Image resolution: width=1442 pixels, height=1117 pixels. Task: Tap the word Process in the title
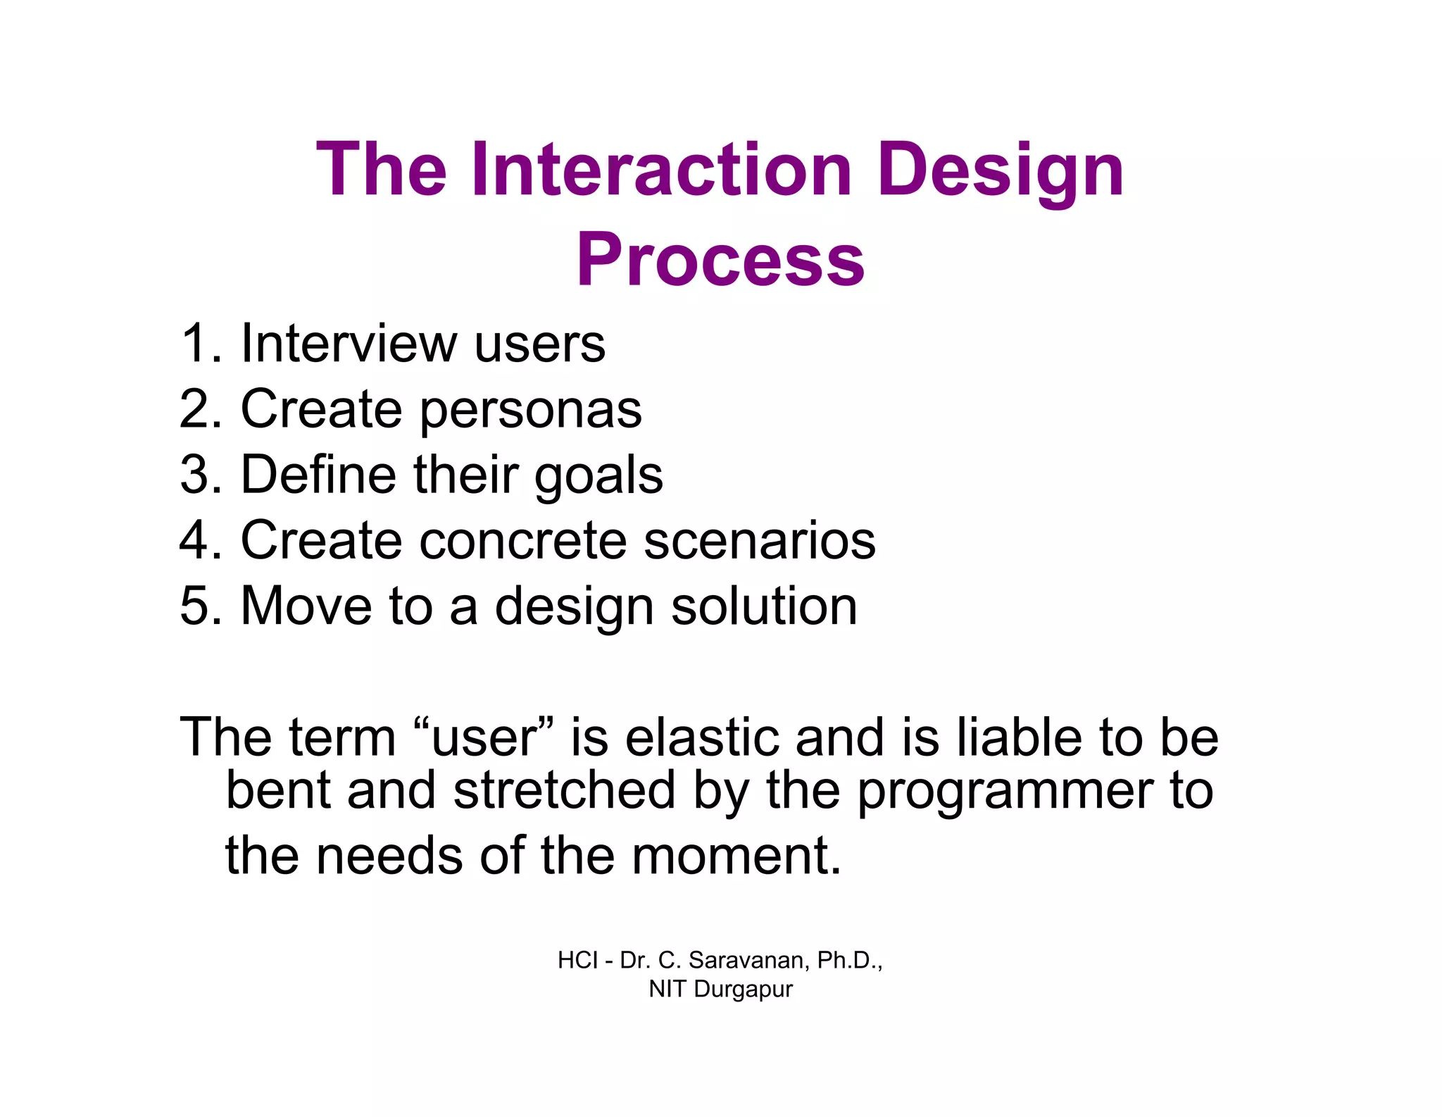[x=720, y=260]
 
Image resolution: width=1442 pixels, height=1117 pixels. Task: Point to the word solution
[x=764, y=606]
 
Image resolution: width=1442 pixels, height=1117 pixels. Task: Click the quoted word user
[x=484, y=737]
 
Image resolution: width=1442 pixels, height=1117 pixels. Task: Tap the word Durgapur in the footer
[x=743, y=990]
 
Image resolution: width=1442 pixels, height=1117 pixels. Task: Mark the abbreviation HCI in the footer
[x=577, y=960]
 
